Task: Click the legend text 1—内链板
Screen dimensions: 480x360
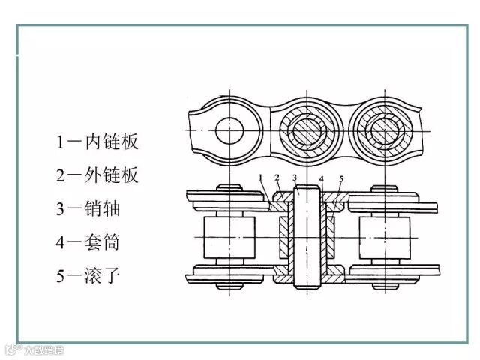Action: click(97, 142)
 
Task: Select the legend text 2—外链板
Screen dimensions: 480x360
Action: click(97, 175)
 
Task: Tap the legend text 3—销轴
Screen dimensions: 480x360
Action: click(88, 208)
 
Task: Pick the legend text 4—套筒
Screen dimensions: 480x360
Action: click(88, 242)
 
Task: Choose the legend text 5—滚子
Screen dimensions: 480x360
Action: click(88, 275)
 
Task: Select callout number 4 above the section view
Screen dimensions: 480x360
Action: click(321, 178)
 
